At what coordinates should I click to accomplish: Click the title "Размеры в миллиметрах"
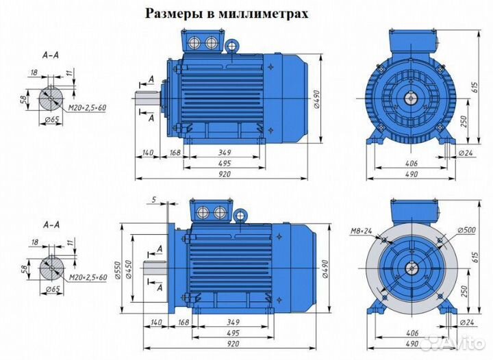[226, 13]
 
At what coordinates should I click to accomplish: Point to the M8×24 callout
[362, 231]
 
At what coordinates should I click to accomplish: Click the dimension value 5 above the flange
[155, 200]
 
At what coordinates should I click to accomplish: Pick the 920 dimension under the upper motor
[225, 174]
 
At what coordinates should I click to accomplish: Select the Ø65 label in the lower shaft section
[50, 290]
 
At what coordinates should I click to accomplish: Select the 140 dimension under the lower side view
[156, 321]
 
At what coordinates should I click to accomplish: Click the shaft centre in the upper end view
[411, 98]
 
